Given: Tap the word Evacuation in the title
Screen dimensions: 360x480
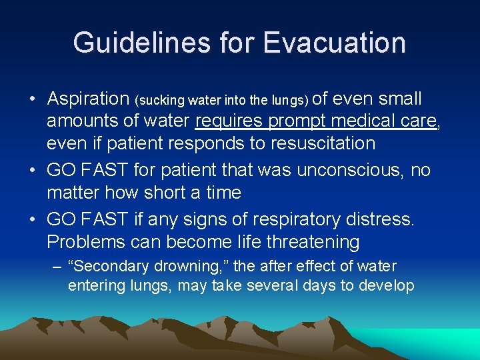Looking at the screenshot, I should (x=334, y=43).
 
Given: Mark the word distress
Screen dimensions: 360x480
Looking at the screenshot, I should (x=381, y=219).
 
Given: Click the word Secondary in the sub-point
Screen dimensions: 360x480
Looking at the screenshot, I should (x=114, y=267).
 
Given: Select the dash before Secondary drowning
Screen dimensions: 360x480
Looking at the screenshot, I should (x=59, y=267).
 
